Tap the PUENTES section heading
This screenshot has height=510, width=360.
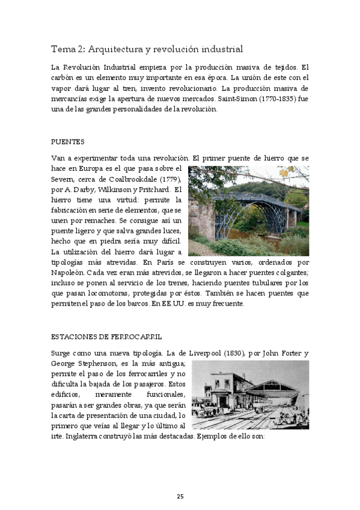pyautogui.click(x=67, y=143)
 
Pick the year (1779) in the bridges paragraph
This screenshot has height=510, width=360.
pyautogui.click(x=171, y=179)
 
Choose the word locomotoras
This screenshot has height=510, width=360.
pyautogui.click(x=87, y=293)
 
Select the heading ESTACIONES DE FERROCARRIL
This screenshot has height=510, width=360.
pyautogui.click(x=106, y=337)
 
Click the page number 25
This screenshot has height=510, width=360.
pyautogui.click(x=180, y=496)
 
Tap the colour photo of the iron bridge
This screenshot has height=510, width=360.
pyautogui.click(x=248, y=210)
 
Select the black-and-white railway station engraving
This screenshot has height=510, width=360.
pyautogui.click(x=250, y=395)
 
